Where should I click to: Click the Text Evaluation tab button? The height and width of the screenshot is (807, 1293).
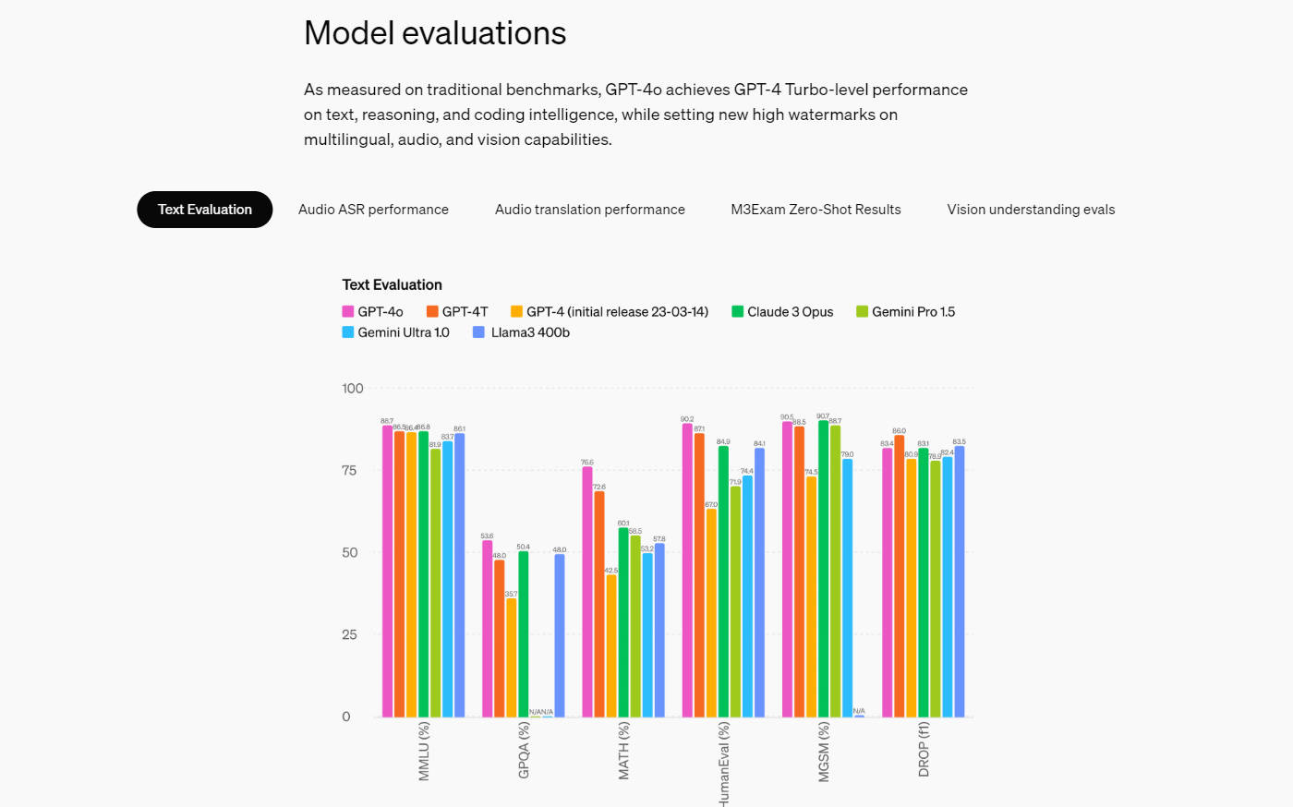(204, 210)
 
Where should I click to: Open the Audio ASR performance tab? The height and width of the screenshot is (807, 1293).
(373, 210)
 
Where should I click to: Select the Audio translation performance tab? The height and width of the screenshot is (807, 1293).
(590, 210)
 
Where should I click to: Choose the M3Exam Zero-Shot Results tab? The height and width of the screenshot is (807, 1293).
(816, 210)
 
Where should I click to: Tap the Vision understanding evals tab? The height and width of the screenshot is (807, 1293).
(1031, 210)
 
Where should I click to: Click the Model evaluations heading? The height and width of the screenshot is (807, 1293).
(435, 33)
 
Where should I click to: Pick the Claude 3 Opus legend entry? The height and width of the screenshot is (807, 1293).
(782, 312)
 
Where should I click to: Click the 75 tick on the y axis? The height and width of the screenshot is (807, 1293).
(349, 470)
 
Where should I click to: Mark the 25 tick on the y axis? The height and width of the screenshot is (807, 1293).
(349, 634)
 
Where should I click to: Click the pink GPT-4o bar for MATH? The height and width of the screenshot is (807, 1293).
(587, 591)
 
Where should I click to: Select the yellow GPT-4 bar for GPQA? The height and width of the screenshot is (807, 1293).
(512, 657)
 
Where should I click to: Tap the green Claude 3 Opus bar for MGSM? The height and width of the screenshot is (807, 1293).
(823, 569)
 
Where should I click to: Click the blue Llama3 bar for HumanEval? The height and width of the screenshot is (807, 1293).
(759, 582)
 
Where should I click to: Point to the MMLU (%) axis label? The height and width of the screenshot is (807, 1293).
(424, 751)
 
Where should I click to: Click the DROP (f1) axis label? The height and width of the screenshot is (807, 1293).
(924, 749)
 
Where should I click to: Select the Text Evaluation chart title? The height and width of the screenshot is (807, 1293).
(392, 284)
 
